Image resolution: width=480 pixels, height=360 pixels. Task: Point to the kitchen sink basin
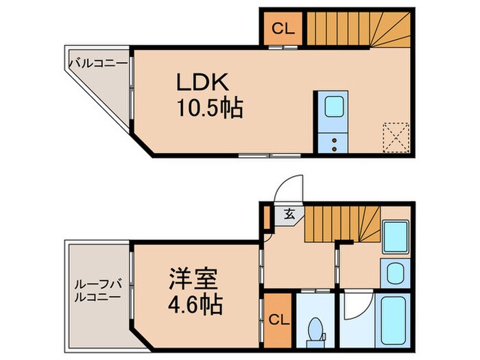tap(334, 107)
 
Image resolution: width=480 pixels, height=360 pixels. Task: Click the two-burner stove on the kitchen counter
tap(334, 142)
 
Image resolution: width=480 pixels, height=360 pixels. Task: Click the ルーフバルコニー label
tap(97, 291)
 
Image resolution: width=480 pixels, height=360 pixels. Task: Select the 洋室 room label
tap(193, 280)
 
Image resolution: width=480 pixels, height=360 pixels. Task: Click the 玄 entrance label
tap(289, 214)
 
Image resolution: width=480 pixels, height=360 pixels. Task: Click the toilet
tap(316, 328)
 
